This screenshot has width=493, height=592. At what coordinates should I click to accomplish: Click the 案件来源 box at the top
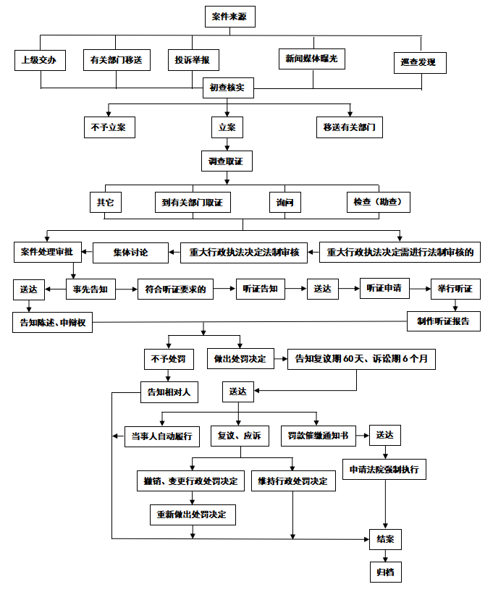point(230,17)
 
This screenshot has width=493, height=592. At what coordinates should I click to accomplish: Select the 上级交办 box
point(40,61)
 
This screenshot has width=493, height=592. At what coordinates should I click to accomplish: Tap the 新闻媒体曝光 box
point(312,59)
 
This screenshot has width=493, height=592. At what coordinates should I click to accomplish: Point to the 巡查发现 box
point(419,63)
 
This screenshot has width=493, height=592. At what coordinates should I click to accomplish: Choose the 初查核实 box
point(227,88)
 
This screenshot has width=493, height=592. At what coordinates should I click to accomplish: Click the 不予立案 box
point(109,127)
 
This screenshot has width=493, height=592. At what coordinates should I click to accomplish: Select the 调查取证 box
point(226,161)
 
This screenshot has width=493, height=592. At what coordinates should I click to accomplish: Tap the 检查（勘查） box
point(378,202)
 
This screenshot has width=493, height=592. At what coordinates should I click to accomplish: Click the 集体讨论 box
point(130,252)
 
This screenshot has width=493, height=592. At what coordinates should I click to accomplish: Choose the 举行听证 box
point(455,289)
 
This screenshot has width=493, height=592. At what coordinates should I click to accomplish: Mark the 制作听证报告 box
point(443,321)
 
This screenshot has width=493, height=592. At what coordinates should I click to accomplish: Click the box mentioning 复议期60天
point(361,359)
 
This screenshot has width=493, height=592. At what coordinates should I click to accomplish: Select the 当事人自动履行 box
point(161,436)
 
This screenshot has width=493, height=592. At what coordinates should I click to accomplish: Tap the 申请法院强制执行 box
point(384,469)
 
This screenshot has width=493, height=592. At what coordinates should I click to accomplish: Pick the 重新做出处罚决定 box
point(192,515)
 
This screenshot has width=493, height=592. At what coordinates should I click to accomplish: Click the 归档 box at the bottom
point(384,572)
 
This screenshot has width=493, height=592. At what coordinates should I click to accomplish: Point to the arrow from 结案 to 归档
point(384,555)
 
